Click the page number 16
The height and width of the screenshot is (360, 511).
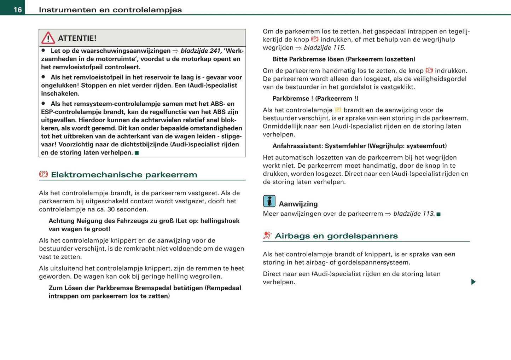(18, 10)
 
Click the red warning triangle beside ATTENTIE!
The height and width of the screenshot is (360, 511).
(48, 38)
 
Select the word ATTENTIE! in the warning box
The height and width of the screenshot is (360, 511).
(77, 38)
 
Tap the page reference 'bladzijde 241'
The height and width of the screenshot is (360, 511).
(201, 51)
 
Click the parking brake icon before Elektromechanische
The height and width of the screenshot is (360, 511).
(43, 174)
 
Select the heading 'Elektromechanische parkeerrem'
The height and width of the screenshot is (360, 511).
(124, 175)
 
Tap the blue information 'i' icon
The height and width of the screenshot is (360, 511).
(269, 201)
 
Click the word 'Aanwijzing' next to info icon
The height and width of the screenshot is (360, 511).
(298, 204)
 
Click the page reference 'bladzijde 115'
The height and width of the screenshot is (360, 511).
(324, 48)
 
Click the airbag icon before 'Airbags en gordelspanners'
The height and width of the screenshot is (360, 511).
(267, 236)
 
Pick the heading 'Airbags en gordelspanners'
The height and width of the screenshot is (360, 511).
(336, 236)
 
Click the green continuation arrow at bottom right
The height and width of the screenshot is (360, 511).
(473, 282)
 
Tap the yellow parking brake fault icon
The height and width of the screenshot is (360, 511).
(338, 110)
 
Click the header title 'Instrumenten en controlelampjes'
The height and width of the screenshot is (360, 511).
(110, 10)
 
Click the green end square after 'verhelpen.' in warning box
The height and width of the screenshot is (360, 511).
(137, 153)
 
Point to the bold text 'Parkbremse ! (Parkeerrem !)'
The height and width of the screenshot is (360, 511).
(315, 99)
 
